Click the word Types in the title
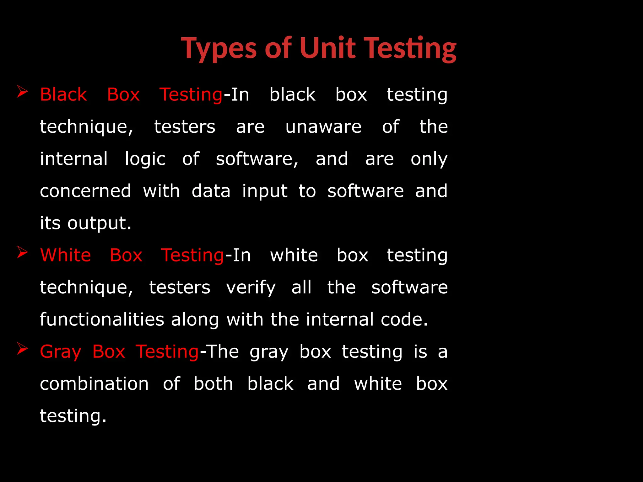point(219,49)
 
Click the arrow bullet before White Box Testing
point(23,252)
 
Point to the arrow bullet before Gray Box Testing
point(23,349)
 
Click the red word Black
point(63,94)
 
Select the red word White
point(66,255)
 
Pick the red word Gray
point(61,352)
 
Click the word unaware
point(323,127)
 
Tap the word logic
point(145,159)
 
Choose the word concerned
point(85,191)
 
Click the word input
point(265,191)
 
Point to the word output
point(99,223)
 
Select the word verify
point(251,288)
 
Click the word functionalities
point(102,319)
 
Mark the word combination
point(94,384)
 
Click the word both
point(213,384)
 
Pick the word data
point(211,191)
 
